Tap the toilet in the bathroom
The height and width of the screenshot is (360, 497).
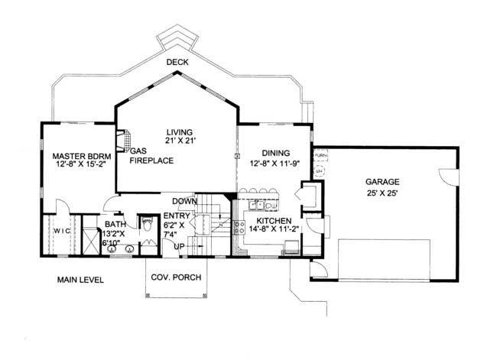tap(148, 224)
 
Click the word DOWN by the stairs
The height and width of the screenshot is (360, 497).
tap(186, 201)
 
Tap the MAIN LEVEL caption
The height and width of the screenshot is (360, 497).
tap(80, 280)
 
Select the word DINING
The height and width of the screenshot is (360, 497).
tap(274, 153)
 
